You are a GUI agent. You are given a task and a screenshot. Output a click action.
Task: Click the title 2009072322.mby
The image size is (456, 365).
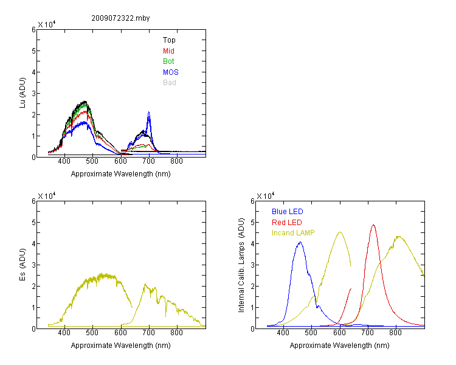point(120,18)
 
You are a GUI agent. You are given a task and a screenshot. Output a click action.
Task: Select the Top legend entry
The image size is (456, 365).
point(169,40)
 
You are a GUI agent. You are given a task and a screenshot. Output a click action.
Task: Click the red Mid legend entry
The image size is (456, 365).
point(168,51)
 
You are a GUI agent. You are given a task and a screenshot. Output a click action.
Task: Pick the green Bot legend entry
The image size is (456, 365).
point(168,61)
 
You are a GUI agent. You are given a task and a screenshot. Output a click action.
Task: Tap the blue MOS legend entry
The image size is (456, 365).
point(171,72)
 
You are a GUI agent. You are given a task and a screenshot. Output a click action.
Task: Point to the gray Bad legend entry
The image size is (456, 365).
point(170,83)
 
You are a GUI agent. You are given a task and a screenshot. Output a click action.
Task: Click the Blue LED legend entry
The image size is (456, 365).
point(288,212)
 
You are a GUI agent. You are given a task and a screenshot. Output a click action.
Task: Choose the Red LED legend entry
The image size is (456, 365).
point(287,223)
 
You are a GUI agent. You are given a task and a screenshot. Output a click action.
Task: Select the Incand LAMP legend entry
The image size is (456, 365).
point(293,233)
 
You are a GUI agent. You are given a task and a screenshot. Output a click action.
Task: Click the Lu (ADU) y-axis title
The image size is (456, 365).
point(22,93)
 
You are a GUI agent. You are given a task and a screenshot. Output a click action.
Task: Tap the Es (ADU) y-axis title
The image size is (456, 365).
point(22,265)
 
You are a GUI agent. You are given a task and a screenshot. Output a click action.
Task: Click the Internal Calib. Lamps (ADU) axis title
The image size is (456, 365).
point(241,265)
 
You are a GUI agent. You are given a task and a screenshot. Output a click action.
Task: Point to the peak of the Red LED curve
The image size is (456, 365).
point(373,225)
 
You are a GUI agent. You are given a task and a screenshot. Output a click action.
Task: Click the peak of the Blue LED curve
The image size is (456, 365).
point(300,242)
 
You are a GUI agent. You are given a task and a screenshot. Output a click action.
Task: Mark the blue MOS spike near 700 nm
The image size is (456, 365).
point(148,112)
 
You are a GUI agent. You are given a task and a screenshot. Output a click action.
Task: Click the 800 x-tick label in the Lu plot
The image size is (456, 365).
point(176,161)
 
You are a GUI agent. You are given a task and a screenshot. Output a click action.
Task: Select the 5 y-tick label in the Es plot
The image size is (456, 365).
point(33,223)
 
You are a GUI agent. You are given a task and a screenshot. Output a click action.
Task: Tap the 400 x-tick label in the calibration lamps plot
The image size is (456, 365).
point(283,333)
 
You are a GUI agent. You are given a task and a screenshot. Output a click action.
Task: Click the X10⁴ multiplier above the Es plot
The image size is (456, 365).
point(47,196)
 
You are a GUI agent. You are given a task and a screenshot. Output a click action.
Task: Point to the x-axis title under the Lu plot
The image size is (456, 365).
point(121,174)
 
